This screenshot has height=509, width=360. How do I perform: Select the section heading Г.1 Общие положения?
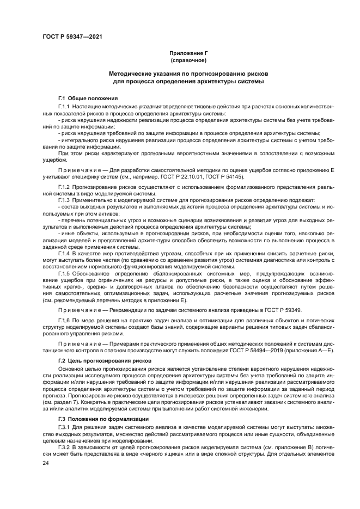pos(84,98)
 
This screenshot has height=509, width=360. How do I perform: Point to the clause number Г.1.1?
pos(65,106)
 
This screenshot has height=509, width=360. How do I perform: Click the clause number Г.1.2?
pos(65,186)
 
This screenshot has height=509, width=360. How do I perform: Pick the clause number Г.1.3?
pos(65,200)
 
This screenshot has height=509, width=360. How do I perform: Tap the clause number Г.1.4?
pos(65,253)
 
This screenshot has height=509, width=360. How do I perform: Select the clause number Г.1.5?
pos(65,273)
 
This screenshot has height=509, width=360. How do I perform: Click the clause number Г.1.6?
pos(65,321)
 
